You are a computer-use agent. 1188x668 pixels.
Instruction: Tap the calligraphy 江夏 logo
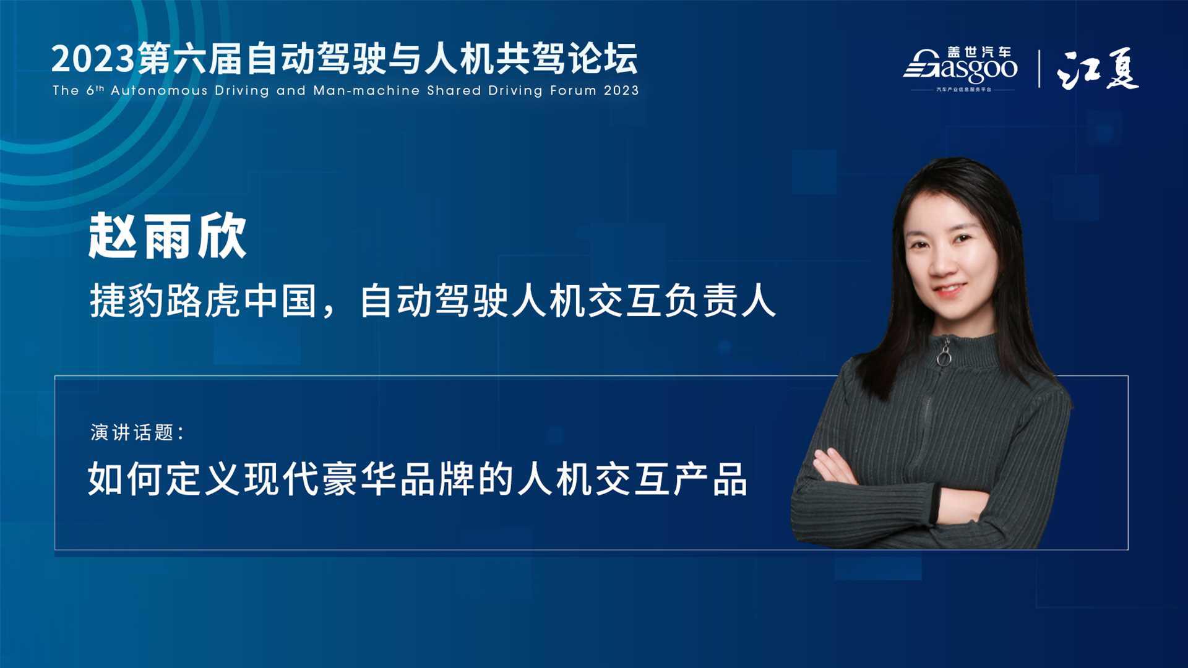[1098, 69]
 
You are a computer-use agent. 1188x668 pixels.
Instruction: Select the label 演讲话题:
[137, 432]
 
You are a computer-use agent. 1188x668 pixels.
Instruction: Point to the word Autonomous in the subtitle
[159, 90]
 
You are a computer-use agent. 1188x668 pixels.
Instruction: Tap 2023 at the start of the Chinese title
[93, 59]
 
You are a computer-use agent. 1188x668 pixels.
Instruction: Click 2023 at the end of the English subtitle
[621, 90]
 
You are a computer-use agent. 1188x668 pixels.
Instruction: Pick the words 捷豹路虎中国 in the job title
[204, 301]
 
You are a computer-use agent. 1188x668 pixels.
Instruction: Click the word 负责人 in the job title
[720, 301]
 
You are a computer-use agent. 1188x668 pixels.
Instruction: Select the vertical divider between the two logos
[1039, 69]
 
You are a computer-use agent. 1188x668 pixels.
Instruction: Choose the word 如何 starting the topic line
[125, 479]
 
